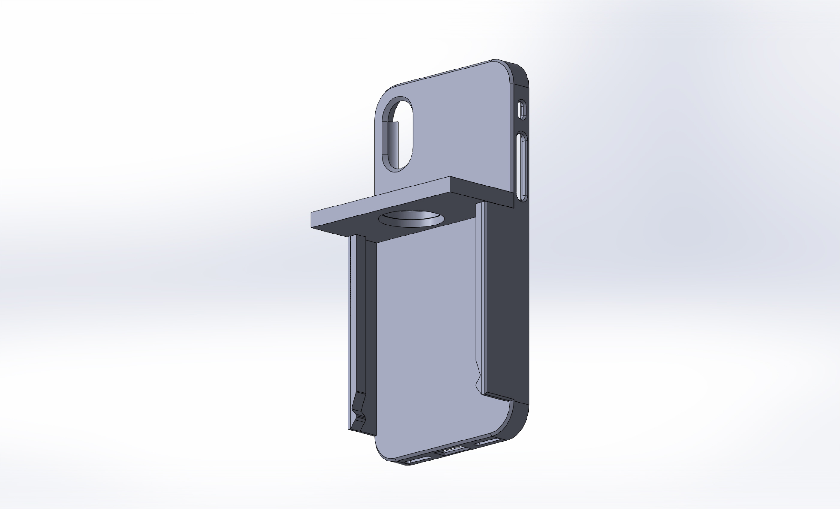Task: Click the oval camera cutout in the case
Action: (398, 134)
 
